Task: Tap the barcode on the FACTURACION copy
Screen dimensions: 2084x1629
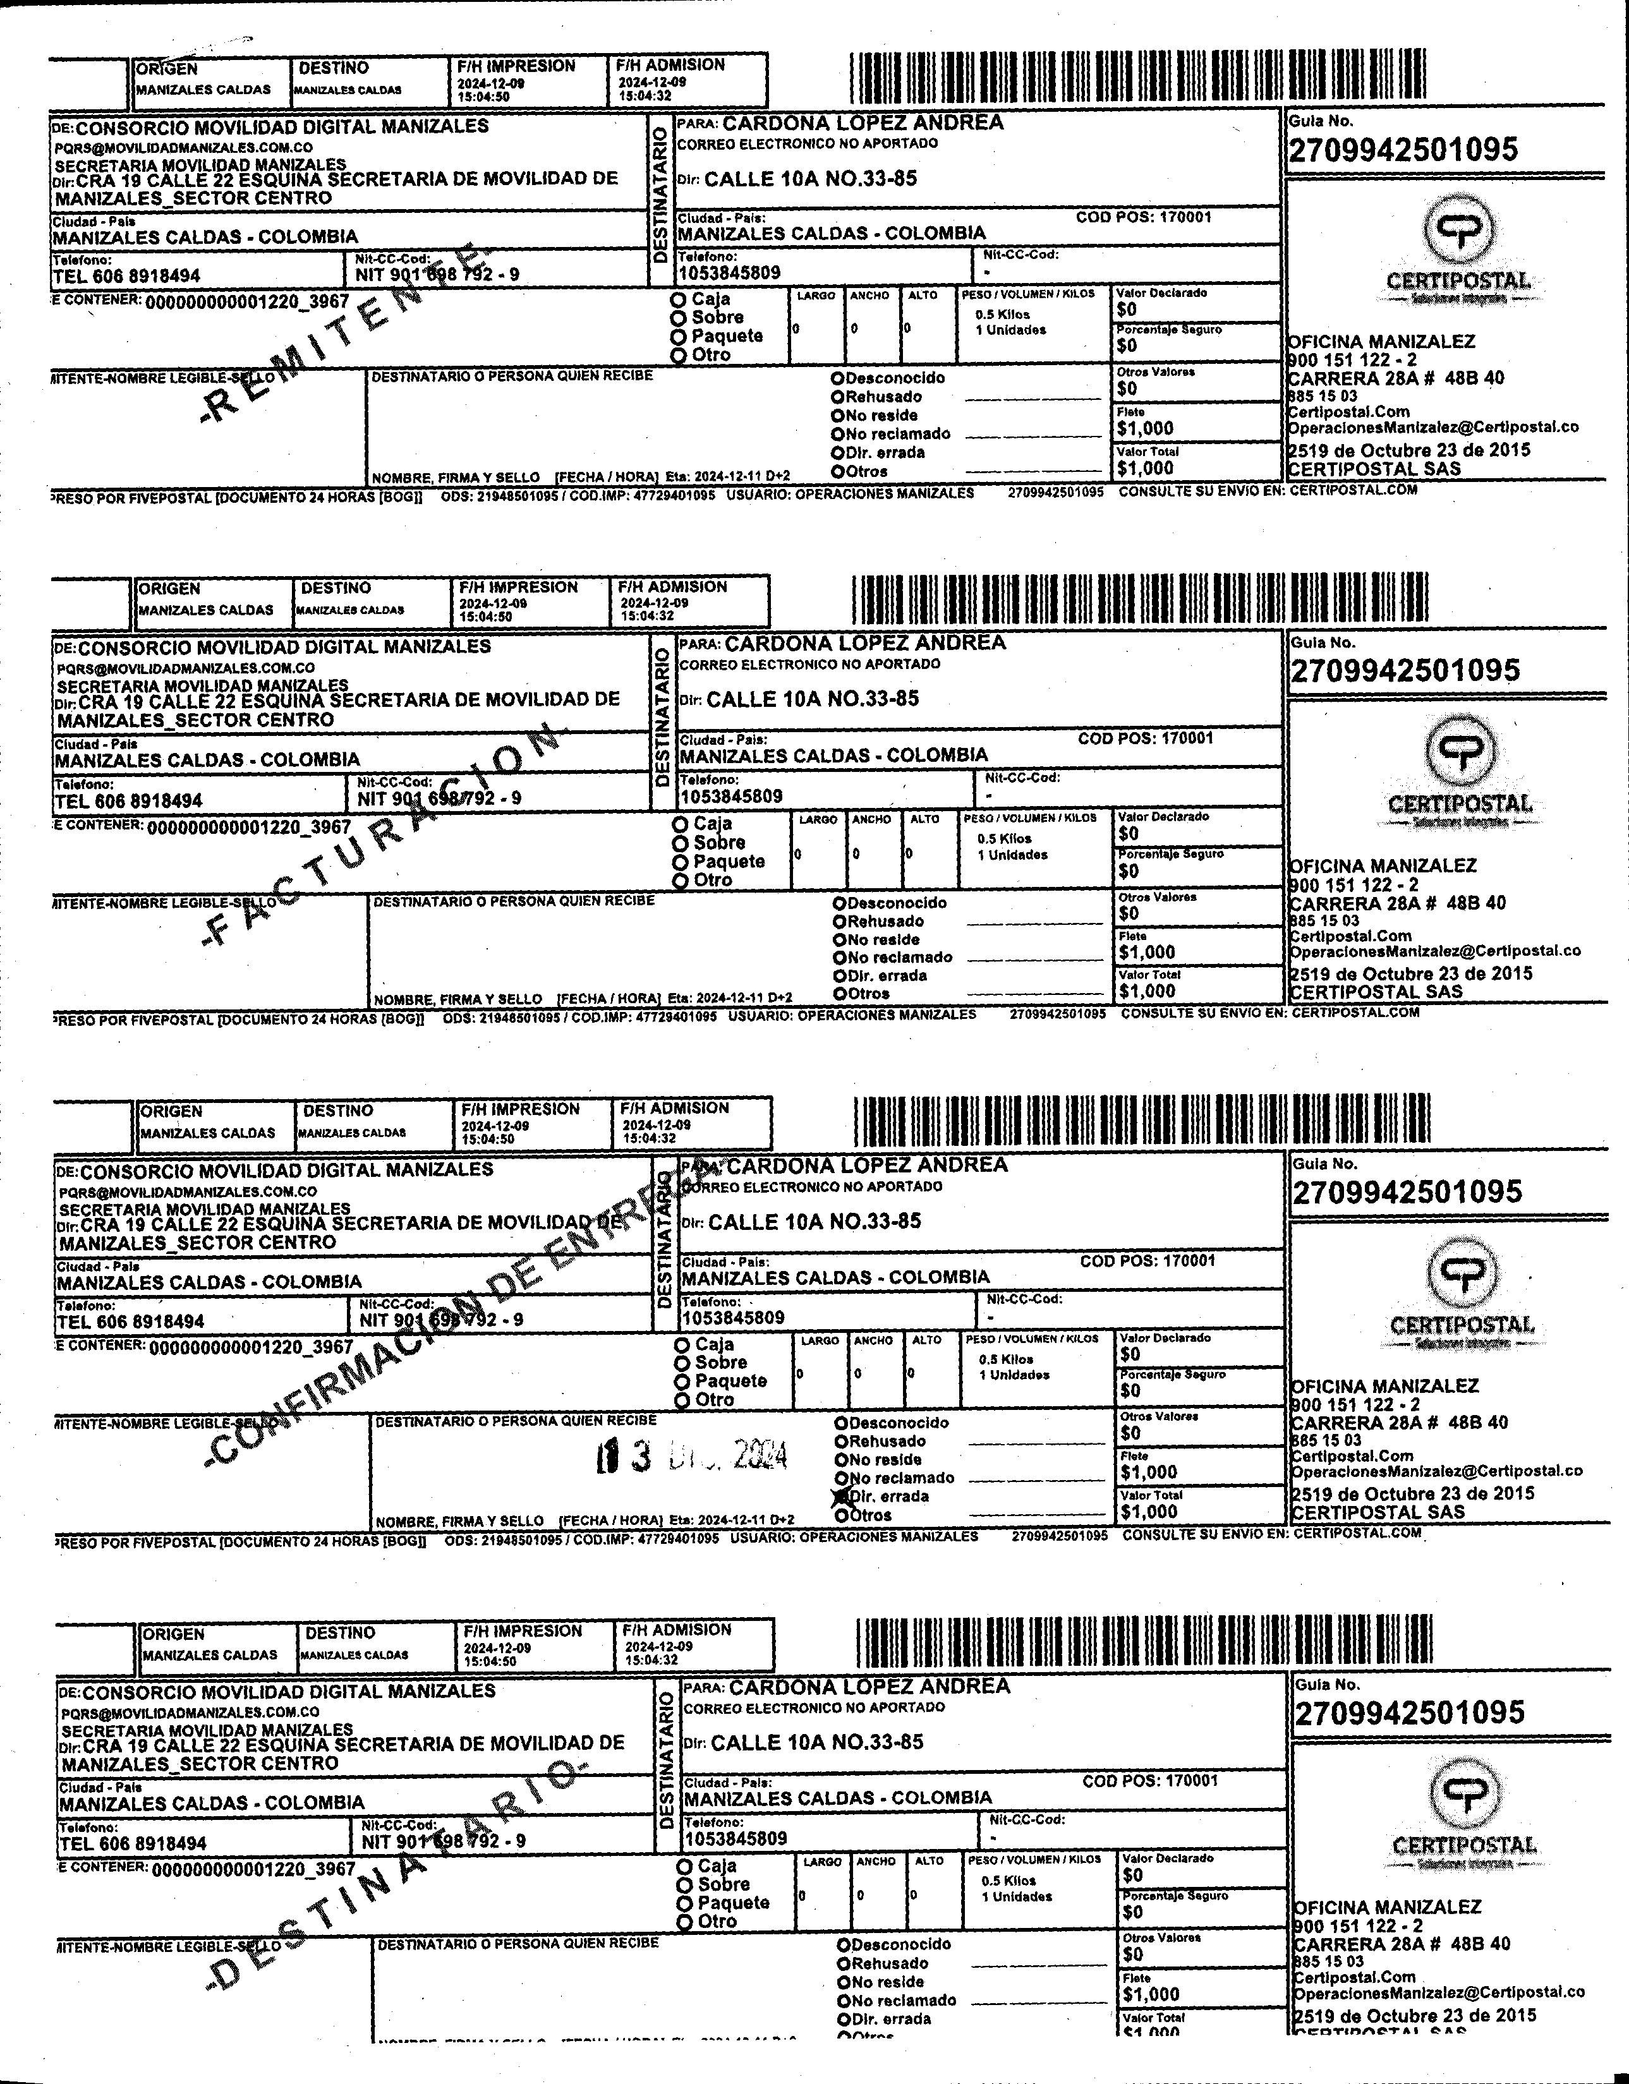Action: coord(1141,599)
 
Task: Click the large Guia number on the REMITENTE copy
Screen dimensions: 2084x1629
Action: coord(1403,150)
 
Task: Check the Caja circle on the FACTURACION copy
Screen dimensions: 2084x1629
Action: coord(681,824)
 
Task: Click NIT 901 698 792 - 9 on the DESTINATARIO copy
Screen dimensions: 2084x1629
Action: coord(443,1841)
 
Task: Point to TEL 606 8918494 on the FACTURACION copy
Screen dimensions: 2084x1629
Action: coord(129,800)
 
